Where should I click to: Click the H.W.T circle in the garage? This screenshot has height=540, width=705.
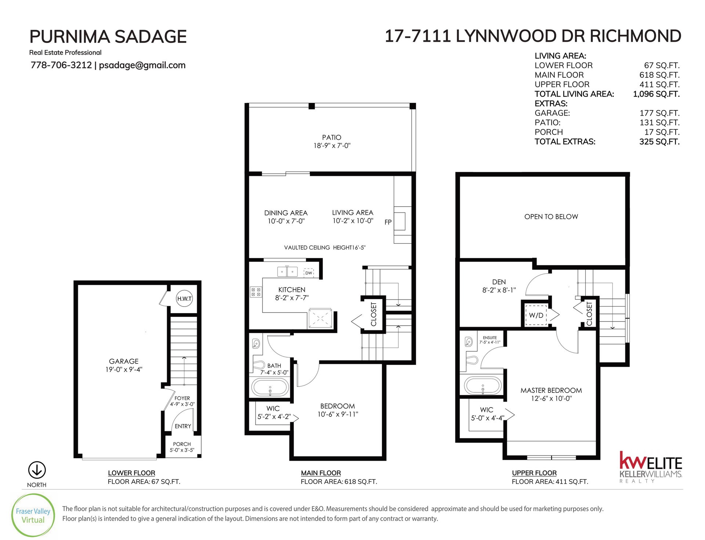point(184,298)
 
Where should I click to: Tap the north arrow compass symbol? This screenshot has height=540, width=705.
point(37,470)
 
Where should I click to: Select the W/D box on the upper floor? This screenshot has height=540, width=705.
point(536,315)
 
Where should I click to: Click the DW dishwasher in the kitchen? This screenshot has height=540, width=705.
point(308,273)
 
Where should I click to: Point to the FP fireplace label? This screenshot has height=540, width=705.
point(388,222)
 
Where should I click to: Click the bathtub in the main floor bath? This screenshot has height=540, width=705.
point(270,387)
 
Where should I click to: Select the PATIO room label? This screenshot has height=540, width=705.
point(332,137)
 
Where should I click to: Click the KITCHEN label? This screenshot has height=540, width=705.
point(292,290)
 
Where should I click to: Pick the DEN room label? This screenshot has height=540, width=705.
point(499,282)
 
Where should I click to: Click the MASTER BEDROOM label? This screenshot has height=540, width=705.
point(551,390)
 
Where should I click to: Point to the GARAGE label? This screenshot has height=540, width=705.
point(124,361)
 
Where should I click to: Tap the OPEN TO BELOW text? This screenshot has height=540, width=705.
point(551,217)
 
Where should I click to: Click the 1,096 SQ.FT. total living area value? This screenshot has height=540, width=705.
point(656,94)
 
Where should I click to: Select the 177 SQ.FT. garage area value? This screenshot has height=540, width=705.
point(659,113)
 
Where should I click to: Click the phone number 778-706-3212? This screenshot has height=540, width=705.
point(61,65)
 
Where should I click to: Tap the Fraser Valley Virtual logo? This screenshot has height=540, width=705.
point(33,515)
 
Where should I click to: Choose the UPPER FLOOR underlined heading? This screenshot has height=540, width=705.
point(534,473)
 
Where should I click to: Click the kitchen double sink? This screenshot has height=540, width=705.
point(287,272)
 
